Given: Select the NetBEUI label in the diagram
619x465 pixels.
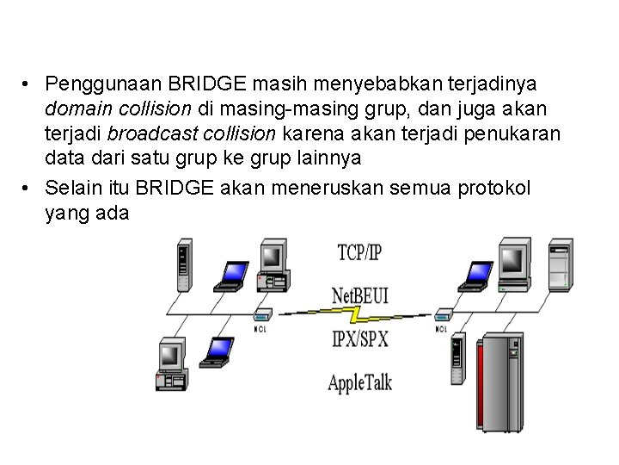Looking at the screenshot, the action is [360, 295].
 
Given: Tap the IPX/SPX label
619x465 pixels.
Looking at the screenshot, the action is [359, 338].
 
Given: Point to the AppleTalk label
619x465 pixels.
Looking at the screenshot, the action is [359, 381].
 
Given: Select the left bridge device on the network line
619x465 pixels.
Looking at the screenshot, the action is [263, 316].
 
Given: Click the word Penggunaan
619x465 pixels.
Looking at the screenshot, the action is [97, 85].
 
